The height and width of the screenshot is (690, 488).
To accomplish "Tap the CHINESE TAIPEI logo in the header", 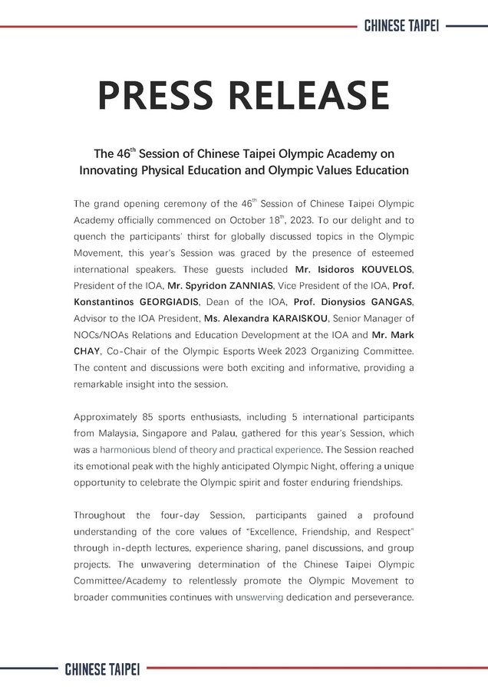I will coord(401,25).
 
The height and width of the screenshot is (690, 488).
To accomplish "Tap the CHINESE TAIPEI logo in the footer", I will coord(102,669).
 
